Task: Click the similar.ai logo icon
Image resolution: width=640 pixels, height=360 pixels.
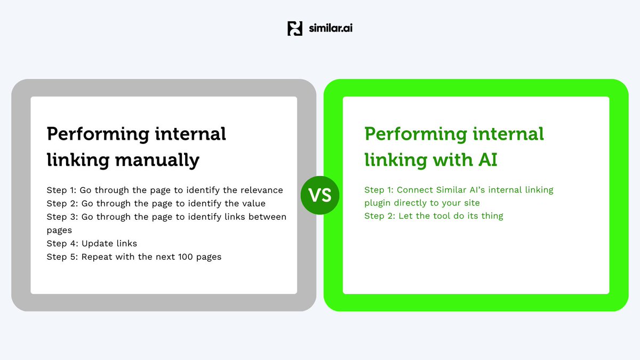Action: pyautogui.click(x=295, y=28)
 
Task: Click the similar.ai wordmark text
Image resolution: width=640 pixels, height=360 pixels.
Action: pyautogui.click(x=331, y=28)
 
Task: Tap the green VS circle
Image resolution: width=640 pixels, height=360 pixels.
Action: pyautogui.click(x=320, y=196)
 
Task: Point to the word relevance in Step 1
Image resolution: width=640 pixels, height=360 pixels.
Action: pyautogui.click(x=260, y=190)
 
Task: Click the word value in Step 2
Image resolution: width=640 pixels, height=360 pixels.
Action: pyautogui.click(x=253, y=203)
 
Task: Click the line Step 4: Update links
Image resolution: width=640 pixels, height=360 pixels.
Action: pyautogui.click(x=92, y=243)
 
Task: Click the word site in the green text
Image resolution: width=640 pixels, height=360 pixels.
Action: pyautogui.click(x=470, y=203)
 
